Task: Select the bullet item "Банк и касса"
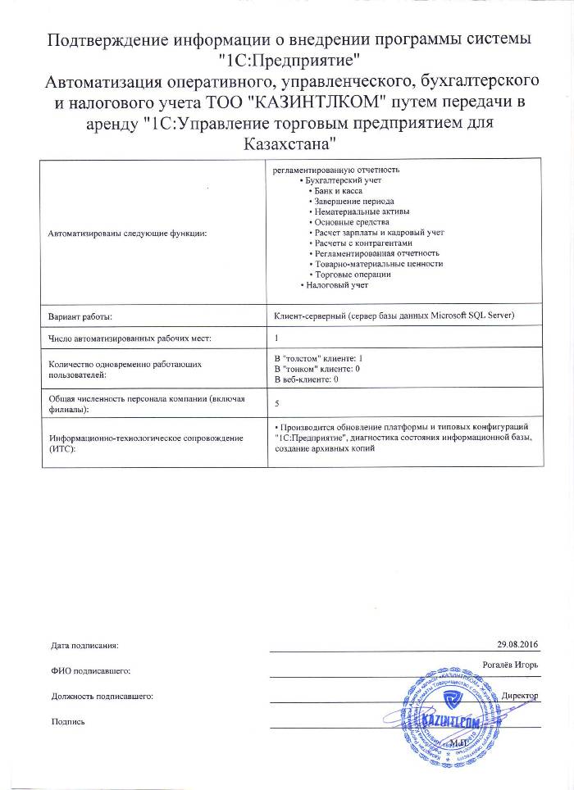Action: point(339,190)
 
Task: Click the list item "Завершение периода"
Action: point(354,201)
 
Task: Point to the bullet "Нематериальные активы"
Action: point(358,211)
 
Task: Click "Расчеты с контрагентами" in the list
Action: point(364,243)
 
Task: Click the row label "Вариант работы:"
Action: point(80,316)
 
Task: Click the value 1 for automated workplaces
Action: point(276,338)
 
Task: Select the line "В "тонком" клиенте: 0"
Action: point(317,370)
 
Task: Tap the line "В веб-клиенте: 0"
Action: point(306,380)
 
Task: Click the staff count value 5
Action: point(276,404)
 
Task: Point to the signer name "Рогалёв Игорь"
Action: point(509,665)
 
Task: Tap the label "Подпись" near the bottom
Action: point(67,721)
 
